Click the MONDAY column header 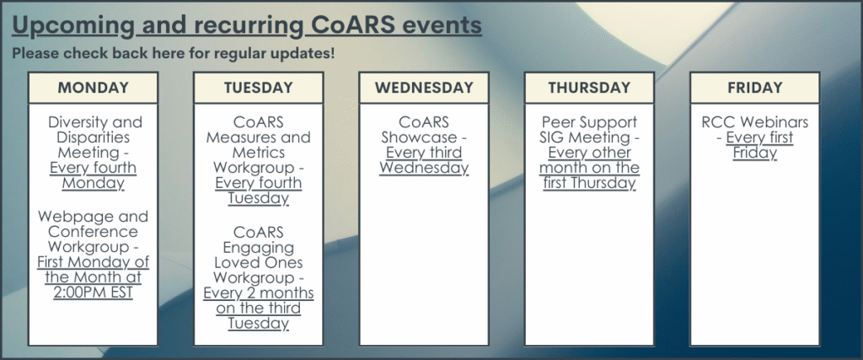[93, 88]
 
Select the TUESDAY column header [258, 88]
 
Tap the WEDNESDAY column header [424, 88]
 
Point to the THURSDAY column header [589, 88]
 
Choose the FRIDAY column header [754, 88]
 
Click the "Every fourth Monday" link [93, 175]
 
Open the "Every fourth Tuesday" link [258, 191]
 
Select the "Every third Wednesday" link [424, 160]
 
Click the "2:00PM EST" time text [93, 293]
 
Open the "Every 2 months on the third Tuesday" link [258, 309]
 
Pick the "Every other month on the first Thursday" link [589, 167]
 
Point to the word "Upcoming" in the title [73, 26]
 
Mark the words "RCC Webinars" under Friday [754, 121]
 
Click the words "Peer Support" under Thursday [589, 122]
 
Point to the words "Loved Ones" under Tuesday [258, 262]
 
